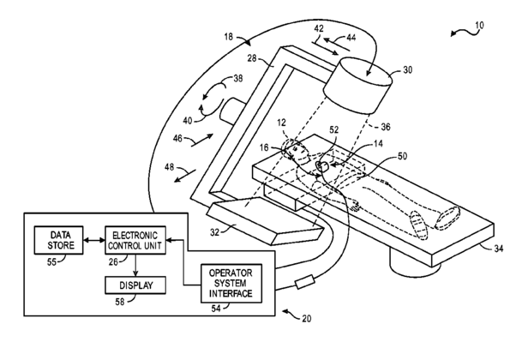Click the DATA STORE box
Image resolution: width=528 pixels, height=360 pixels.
[58, 240]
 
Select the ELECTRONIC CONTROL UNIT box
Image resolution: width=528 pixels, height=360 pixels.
[135, 240]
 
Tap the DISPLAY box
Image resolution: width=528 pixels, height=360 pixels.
[135, 285]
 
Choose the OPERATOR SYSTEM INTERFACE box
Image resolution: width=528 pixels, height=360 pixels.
[231, 283]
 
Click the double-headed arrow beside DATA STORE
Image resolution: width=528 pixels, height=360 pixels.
[94, 240]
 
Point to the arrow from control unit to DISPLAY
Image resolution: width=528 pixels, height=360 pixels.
[135, 266]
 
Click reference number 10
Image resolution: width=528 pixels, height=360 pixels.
[479, 25]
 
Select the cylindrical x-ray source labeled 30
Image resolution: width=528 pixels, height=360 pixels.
[357, 85]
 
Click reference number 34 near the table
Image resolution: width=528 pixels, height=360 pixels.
[498, 249]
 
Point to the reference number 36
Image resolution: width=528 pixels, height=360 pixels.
[386, 127]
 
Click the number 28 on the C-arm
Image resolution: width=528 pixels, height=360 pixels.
[252, 58]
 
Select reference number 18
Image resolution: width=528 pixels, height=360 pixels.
[228, 36]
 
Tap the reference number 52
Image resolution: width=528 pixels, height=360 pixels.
[333, 129]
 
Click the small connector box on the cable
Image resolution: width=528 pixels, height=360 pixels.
[305, 281]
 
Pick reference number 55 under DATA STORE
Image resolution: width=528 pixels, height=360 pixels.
[51, 261]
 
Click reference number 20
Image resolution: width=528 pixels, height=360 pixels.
[307, 318]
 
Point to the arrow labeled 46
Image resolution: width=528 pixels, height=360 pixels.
[202, 140]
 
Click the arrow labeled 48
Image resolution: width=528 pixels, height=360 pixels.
[185, 176]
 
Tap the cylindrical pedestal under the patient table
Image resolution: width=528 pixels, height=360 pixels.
[415, 262]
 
